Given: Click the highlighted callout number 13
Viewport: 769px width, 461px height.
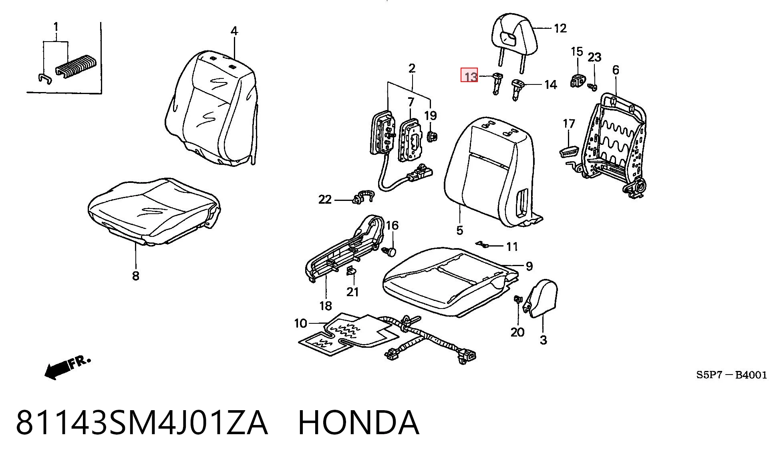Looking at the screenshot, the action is point(469,75).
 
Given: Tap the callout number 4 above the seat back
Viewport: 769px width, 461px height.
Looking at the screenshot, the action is point(234,31).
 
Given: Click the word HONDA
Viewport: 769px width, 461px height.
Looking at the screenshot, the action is point(359,423).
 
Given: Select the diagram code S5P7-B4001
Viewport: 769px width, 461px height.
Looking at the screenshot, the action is point(731,375).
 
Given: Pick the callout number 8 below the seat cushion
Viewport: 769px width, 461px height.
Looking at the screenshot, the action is point(136,275).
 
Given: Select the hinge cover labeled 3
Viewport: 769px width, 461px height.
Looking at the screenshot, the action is point(541,298).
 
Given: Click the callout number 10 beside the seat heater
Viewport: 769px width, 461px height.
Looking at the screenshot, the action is point(300,323).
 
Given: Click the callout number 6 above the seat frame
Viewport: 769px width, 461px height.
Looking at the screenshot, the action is point(616,70).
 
